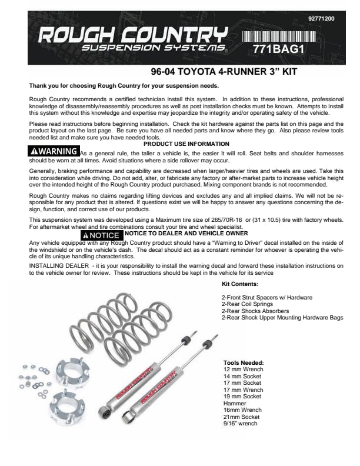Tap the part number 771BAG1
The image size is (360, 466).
tap(278, 50)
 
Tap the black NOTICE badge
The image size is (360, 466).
tap(101, 236)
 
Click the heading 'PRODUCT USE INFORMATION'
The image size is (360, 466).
tap(186, 144)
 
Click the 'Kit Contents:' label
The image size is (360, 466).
tap(239, 284)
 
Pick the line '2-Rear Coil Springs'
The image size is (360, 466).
tap(247, 304)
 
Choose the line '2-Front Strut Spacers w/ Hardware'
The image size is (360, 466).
tap(266, 298)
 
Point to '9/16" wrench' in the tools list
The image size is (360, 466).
tap(240, 423)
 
